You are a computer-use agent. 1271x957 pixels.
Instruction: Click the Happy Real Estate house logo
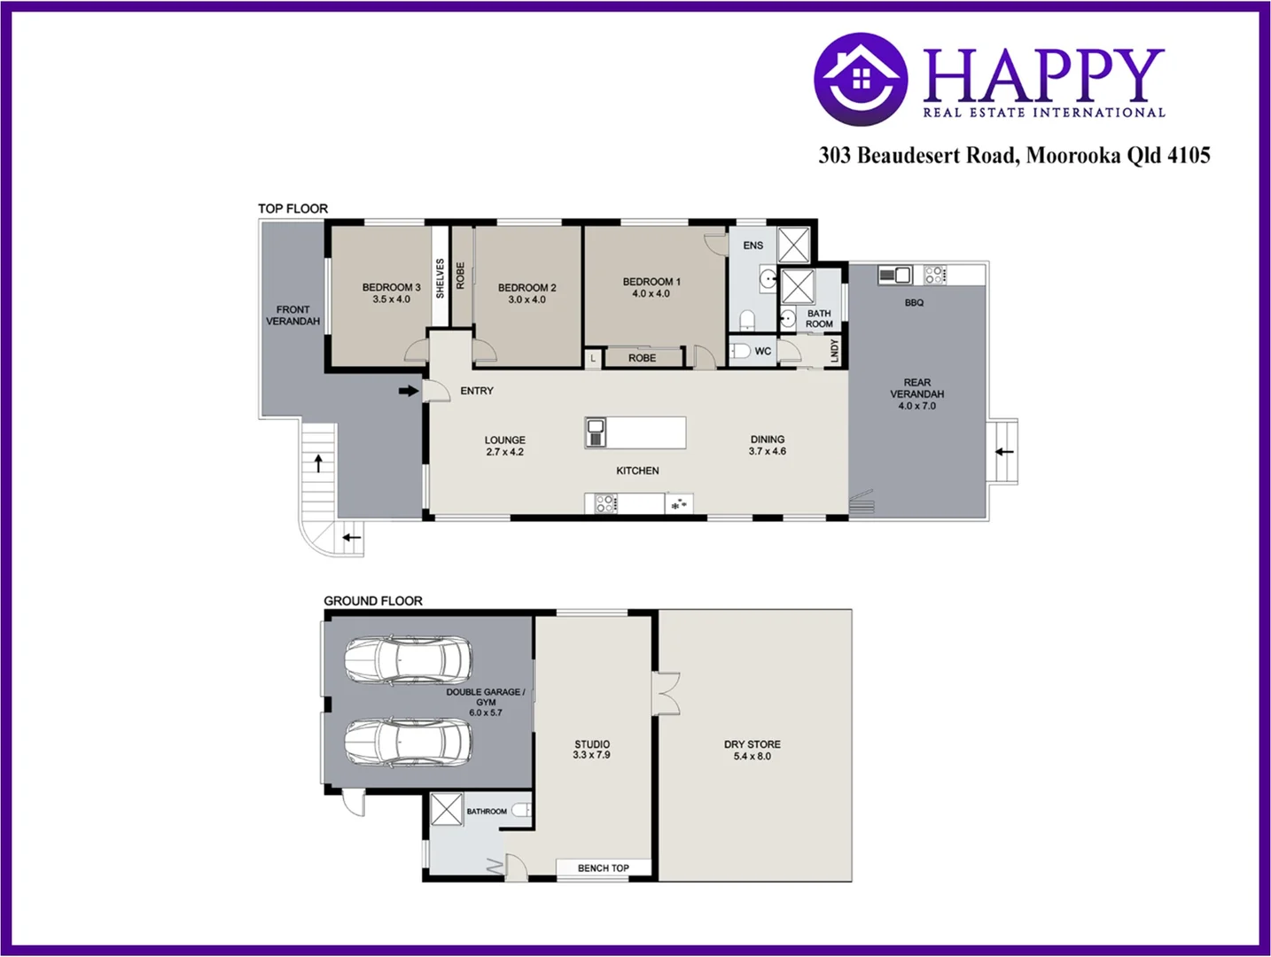(860, 80)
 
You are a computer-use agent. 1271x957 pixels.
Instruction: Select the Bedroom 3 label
(391, 293)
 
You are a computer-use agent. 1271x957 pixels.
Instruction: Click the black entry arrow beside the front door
(408, 391)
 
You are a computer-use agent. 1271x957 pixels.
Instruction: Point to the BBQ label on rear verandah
(914, 303)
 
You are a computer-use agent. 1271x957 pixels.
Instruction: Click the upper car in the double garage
(408, 660)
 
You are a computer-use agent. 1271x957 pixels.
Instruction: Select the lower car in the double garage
(408, 742)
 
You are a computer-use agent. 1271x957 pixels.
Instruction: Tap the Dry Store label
(752, 751)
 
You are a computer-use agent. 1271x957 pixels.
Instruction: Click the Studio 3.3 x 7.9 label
(591, 750)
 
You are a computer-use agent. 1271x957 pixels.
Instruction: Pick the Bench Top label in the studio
(603, 868)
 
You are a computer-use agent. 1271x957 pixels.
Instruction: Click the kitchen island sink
(596, 432)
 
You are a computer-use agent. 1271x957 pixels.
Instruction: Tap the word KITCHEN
(637, 471)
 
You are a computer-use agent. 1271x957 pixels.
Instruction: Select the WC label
(762, 352)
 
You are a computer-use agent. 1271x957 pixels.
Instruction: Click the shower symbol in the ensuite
(793, 245)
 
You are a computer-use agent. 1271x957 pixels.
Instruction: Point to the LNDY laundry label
(834, 351)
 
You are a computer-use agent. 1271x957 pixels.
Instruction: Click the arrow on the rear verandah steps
(1003, 452)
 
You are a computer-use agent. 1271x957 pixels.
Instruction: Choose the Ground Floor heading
(372, 601)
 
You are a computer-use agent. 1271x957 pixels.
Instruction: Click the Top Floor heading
(292, 209)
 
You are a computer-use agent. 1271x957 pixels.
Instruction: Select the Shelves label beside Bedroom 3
(440, 278)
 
